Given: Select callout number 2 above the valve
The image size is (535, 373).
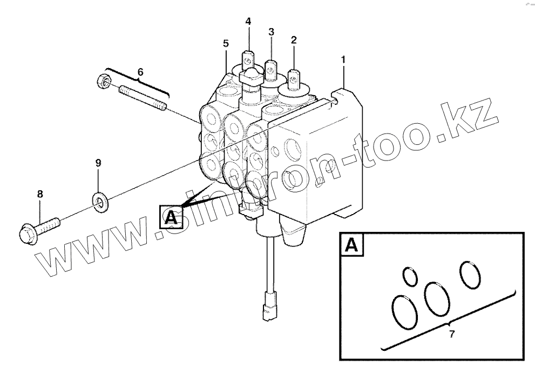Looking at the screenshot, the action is tap(294, 39).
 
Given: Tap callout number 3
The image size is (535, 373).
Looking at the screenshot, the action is tap(271, 32).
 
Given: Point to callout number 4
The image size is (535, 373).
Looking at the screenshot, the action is tap(248, 22).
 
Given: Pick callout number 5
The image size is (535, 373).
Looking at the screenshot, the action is tap(226, 43).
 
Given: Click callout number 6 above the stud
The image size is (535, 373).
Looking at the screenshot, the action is tap(140, 71).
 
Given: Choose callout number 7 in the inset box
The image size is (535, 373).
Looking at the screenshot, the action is tap(451, 334).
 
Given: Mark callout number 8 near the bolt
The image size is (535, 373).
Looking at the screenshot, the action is tap(40, 193).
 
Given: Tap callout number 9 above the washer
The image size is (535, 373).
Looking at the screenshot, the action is tap(98, 162).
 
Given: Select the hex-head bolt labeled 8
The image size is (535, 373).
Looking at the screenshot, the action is tap(38, 228).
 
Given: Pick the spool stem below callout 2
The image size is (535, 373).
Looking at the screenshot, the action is tap(294, 79).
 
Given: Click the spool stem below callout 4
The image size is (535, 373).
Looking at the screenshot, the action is tap(249, 58).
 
